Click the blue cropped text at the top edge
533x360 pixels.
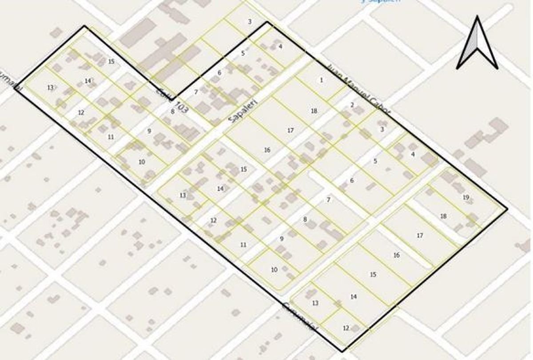[x=380, y=1]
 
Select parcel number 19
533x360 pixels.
[x=465, y=197]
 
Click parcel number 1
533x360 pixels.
[x=321, y=80]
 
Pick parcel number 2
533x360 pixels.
[x=352, y=105]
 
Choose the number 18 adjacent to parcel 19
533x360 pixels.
[x=443, y=216]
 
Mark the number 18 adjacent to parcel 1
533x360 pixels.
[x=314, y=111]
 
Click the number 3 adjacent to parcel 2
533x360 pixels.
[x=382, y=129]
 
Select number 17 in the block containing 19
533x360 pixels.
[x=420, y=236]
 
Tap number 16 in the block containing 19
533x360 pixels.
[x=397, y=255]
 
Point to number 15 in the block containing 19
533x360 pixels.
[x=373, y=275]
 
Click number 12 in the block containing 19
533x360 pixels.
[x=346, y=328]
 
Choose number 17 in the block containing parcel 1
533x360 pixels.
[x=290, y=130]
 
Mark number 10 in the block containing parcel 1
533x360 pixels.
[x=274, y=269]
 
